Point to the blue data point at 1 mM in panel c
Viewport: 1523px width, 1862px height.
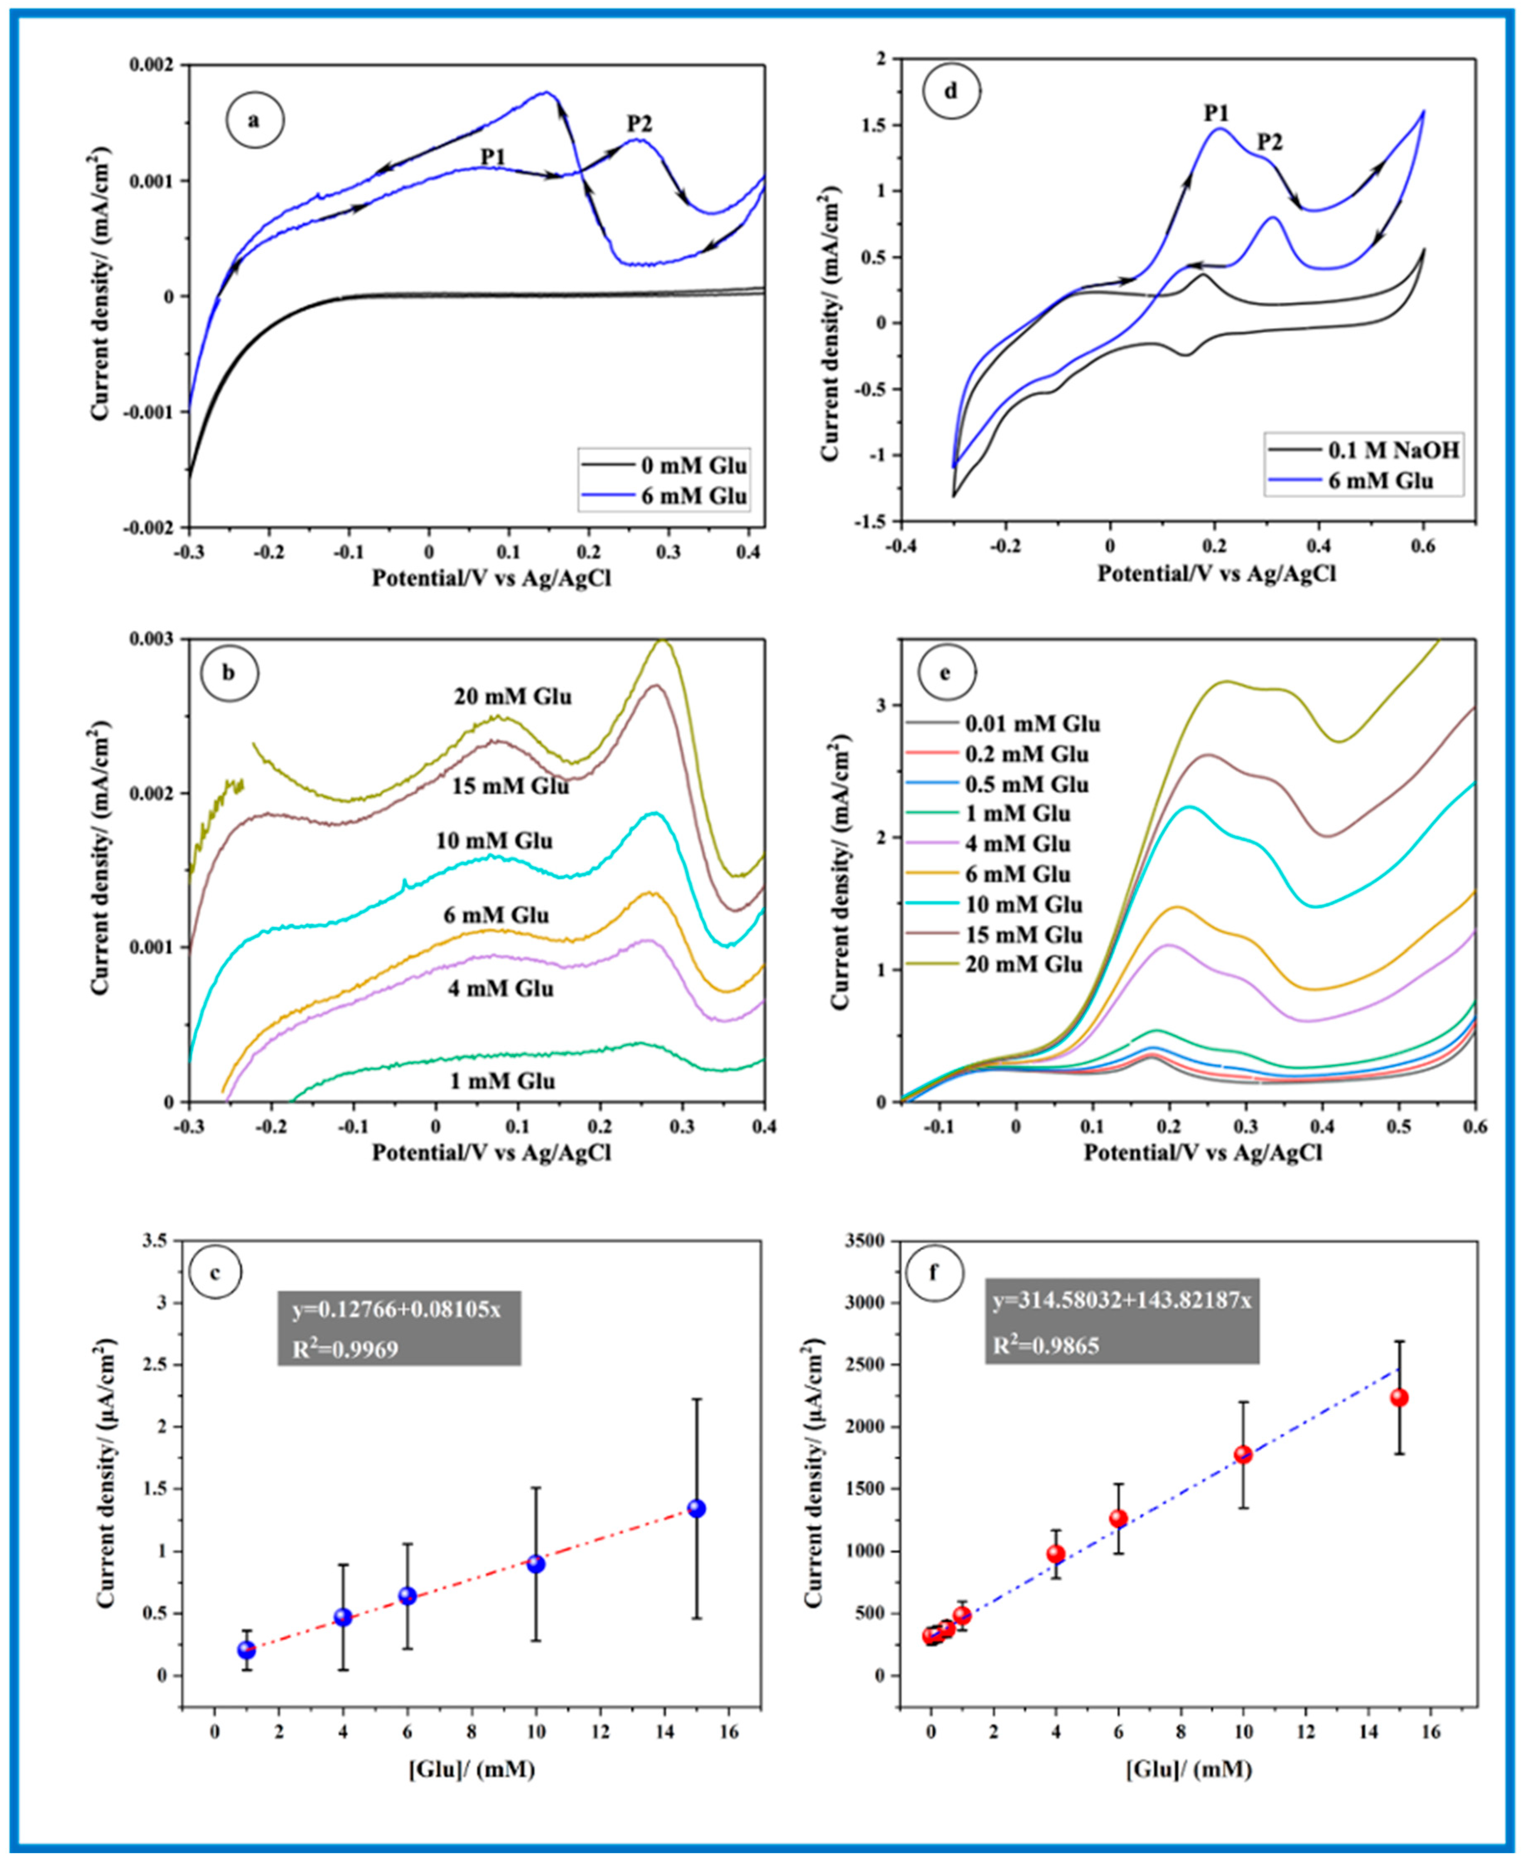[x=246, y=1650]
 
